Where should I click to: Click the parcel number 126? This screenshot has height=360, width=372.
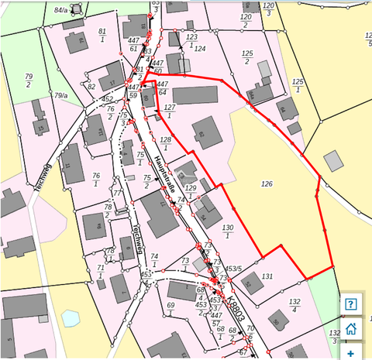pyautogui.click(x=267, y=184)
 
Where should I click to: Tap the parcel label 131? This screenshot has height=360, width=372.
pyautogui.click(x=267, y=276)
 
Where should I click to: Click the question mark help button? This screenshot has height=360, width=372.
pyautogui.click(x=351, y=303)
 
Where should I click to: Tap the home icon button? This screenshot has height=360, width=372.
pyautogui.click(x=351, y=328)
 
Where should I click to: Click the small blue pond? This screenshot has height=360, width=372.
pyautogui.click(x=70, y=318)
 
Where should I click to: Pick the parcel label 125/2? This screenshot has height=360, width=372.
pyautogui.click(x=248, y=57)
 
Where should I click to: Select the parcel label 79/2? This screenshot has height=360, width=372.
pyautogui.click(x=29, y=80)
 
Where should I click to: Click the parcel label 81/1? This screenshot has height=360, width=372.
pyautogui.click(x=102, y=35)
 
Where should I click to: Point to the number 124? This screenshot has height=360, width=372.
pyautogui.click(x=199, y=49)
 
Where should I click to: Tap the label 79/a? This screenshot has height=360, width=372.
pyautogui.click(x=61, y=95)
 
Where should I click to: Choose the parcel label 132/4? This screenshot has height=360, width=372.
pyautogui.click(x=294, y=306)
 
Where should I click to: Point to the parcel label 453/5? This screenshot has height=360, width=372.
pyautogui.click(x=233, y=269)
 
